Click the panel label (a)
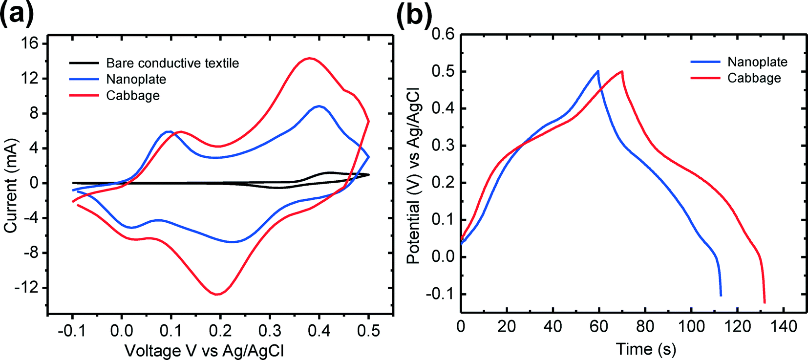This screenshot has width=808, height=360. click(18, 14)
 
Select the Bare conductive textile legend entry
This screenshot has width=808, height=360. click(172, 63)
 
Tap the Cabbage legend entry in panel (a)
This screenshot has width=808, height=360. click(133, 95)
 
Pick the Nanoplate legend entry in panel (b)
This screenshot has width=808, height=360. click(757, 62)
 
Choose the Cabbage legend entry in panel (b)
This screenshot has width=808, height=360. click(754, 78)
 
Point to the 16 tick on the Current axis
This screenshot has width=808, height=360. click(30, 43)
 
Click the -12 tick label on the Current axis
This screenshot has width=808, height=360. click(26, 288)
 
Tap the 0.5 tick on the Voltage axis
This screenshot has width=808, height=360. click(368, 331)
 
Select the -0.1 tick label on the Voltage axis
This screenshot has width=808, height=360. click(72, 331)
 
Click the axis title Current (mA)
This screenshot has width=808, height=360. click(11, 186)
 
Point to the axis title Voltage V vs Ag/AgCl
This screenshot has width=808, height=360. click(205, 350)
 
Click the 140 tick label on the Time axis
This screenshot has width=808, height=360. click(784, 326)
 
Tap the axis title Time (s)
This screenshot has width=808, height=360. click(646, 349)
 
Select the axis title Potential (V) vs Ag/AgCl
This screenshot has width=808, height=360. click(413, 176)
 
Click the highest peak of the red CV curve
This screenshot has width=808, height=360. click(309, 58)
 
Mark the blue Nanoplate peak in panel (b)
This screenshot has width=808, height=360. click(598, 71)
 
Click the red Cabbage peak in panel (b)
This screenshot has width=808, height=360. click(622, 71)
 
